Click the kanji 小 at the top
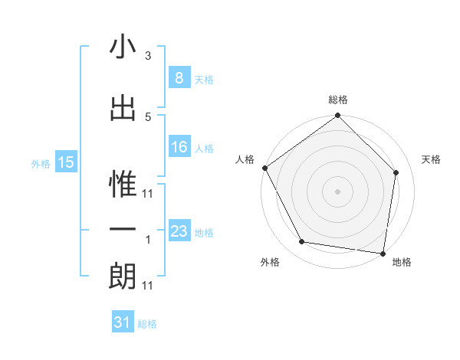pyautogui.click(x=123, y=47)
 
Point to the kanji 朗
pyautogui.click(x=123, y=277)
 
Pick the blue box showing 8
pyautogui.click(x=179, y=78)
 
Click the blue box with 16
pyautogui.click(x=179, y=147)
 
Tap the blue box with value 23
pyautogui.click(x=179, y=231)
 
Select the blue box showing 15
pyautogui.click(x=65, y=162)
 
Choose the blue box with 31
pyautogui.click(x=123, y=322)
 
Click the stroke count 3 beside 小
pyautogui.click(x=148, y=56)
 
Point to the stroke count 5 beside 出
pyautogui.click(x=148, y=116)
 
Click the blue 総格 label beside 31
pyautogui.click(x=147, y=324)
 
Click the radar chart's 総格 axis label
pyautogui.click(x=338, y=100)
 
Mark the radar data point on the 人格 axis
pyautogui.click(x=265, y=168)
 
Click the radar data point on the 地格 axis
pyautogui.click(x=383, y=253)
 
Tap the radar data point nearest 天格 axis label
pyautogui.click(x=396, y=172)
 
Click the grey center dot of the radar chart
pyautogui.click(x=338, y=191)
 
